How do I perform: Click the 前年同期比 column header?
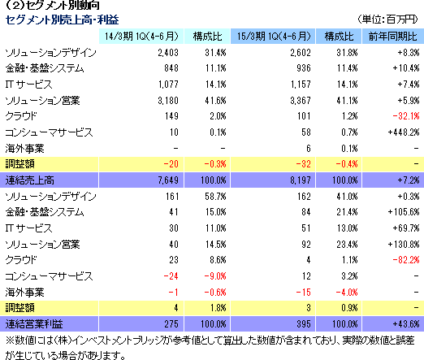pyautogui.click(x=392, y=37)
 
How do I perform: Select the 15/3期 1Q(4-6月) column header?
pyautogui.click(x=274, y=37)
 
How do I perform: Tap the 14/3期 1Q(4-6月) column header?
pyautogui.click(x=141, y=37)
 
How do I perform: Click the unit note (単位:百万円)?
pyautogui.click(x=387, y=20)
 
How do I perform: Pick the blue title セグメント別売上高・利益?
pyautogui.click(x=62, y=20)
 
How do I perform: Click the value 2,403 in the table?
pyautogui.click(x=168, y=53)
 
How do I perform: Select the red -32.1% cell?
pyautogui.click(x=406, y=116)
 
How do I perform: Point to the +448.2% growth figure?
pyautogui.click(x=404, y=132)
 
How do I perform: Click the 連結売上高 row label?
pyautogui.click(x=29, y=180)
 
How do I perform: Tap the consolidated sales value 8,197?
pyautogui.click(x=301, y=180)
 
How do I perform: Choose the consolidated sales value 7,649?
pyautogui.click(x=168, y=180)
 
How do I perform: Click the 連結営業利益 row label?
pyautogui.click(x=34, y=324)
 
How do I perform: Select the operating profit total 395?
pyautogui.click(x=304, y=324)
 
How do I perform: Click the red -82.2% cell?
pyautogui.click(x=406, y=260)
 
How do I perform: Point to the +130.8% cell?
pyautogui.click(x=404, y=245)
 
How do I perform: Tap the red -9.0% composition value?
pyautogui.click(x=215, y=276)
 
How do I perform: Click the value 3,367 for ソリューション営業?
pyautogui.click(x=301, y=101)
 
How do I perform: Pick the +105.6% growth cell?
pyautogui.click(x=404, y=212)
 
